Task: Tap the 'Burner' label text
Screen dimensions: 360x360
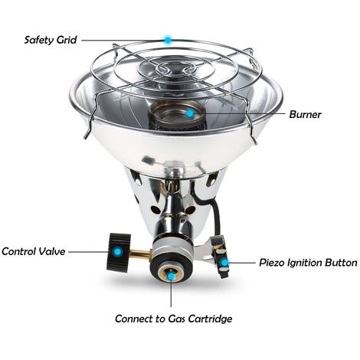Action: [305, 115]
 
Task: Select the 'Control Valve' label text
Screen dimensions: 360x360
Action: [33, 250]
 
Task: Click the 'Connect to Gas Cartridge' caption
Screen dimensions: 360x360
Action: [173, 318]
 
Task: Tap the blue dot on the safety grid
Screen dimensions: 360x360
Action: [168, 38]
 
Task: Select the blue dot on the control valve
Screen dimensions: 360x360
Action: [116, 250]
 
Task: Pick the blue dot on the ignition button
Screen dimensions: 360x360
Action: [225, 262]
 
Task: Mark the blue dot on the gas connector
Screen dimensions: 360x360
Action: [173, 273]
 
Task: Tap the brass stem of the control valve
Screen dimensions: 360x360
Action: [140, 252]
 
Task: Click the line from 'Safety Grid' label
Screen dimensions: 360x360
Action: [123, 39]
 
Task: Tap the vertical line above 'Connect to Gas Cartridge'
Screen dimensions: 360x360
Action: [173, 293]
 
